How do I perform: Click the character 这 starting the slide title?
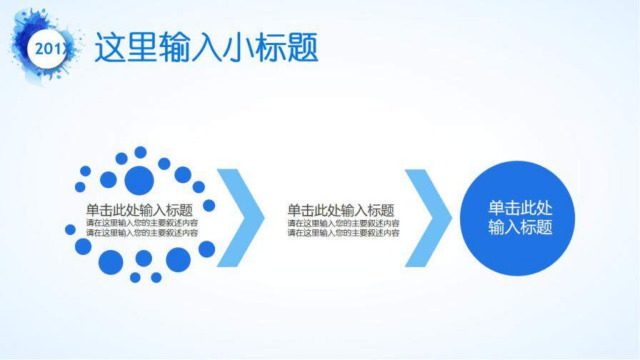(x=111, y=48)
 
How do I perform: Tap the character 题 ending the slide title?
(x=302, y=48)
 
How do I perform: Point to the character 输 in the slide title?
(x=174, y=48)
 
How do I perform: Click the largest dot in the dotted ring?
(x=139, y=178)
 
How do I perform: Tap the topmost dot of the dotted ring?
(x=140, y=152)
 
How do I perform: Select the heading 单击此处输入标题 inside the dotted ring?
(x=139, y=210)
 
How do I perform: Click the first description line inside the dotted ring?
(x=141, y=223)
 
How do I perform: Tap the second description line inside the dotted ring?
(x=141, y=232)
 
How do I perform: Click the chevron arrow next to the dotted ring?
(x=240, y=218)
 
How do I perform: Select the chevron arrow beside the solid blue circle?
(x=428, y=218)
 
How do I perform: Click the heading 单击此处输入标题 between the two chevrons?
(x=341, y=210)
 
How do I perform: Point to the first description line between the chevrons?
(x=344, y=223)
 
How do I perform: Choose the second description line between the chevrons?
(x=344, y=232)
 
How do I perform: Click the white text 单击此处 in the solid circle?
(x=520, y=209)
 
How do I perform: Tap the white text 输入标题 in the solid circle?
(x=520, y=228)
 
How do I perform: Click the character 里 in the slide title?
(x=142, y=48)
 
